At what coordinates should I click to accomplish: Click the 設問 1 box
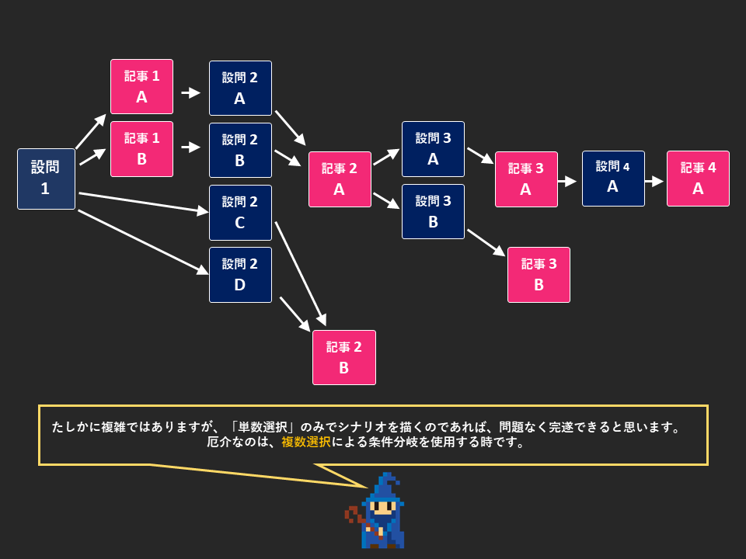point(46,179)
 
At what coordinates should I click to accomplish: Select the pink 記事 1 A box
point(141,86)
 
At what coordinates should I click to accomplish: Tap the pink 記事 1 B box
point(141,148)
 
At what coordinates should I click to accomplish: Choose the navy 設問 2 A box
point(240,88)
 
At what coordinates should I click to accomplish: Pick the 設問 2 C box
point(240,212)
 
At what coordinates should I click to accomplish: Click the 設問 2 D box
point(240,274)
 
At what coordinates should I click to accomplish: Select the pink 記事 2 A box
point(340,179)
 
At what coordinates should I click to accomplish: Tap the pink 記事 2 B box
point(343,357)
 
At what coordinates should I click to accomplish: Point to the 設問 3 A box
point(433,148)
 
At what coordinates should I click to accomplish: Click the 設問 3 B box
point(433,210)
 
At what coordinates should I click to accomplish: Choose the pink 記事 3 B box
point(539,274)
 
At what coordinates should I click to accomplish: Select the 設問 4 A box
point(613,178)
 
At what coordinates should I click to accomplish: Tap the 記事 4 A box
point(698,178)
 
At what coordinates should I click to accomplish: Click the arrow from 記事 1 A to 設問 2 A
point(190,93)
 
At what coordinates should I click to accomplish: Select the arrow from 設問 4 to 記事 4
point(654,181)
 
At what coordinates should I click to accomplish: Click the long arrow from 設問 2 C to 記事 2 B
point(300,273)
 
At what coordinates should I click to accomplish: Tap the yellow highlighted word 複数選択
point(305,443)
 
